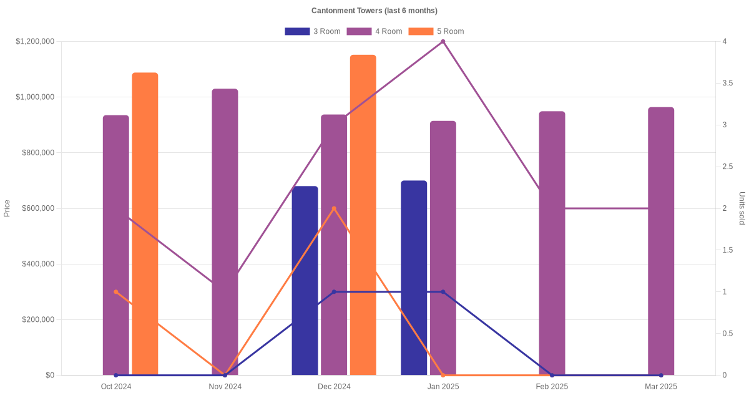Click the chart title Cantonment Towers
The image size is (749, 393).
(x=374, y=11)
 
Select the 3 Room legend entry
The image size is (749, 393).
(x=312, y=31)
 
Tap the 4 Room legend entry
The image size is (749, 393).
(x=374, y=31)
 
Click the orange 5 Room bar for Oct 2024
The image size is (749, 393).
(x=145, y=225)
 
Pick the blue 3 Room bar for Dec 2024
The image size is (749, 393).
(x=305, y=281)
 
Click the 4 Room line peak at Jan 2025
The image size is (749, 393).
(x=443, y=42)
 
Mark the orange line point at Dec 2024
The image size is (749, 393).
(x=334, y=208)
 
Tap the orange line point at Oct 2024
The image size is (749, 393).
(x=116, y=292)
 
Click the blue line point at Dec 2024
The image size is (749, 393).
(x=334, y=292)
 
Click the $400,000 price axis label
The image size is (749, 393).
(x=37, y=264)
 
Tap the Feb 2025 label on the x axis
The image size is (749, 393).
(x=552, y=387)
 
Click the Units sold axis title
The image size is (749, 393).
(x=742, y=208)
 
